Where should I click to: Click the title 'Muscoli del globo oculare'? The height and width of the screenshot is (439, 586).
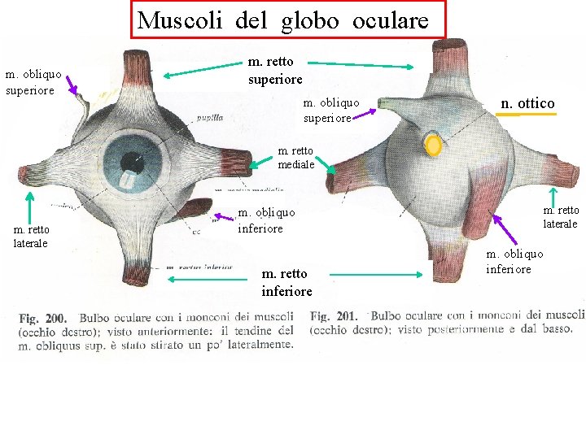click(282, 20)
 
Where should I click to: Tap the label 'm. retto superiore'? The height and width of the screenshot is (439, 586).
click(275, 70)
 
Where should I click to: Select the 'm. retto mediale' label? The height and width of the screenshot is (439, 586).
click(296, 158)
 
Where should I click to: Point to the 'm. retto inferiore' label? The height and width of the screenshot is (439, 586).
click(286, 282)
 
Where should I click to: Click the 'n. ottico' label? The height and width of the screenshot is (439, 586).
click(527, 103)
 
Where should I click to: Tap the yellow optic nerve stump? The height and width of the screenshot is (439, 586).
click(435, 146)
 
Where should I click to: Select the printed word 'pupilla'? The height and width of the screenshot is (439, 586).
click(209, 118)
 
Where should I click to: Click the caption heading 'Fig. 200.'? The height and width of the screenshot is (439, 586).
click(42, 317)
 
